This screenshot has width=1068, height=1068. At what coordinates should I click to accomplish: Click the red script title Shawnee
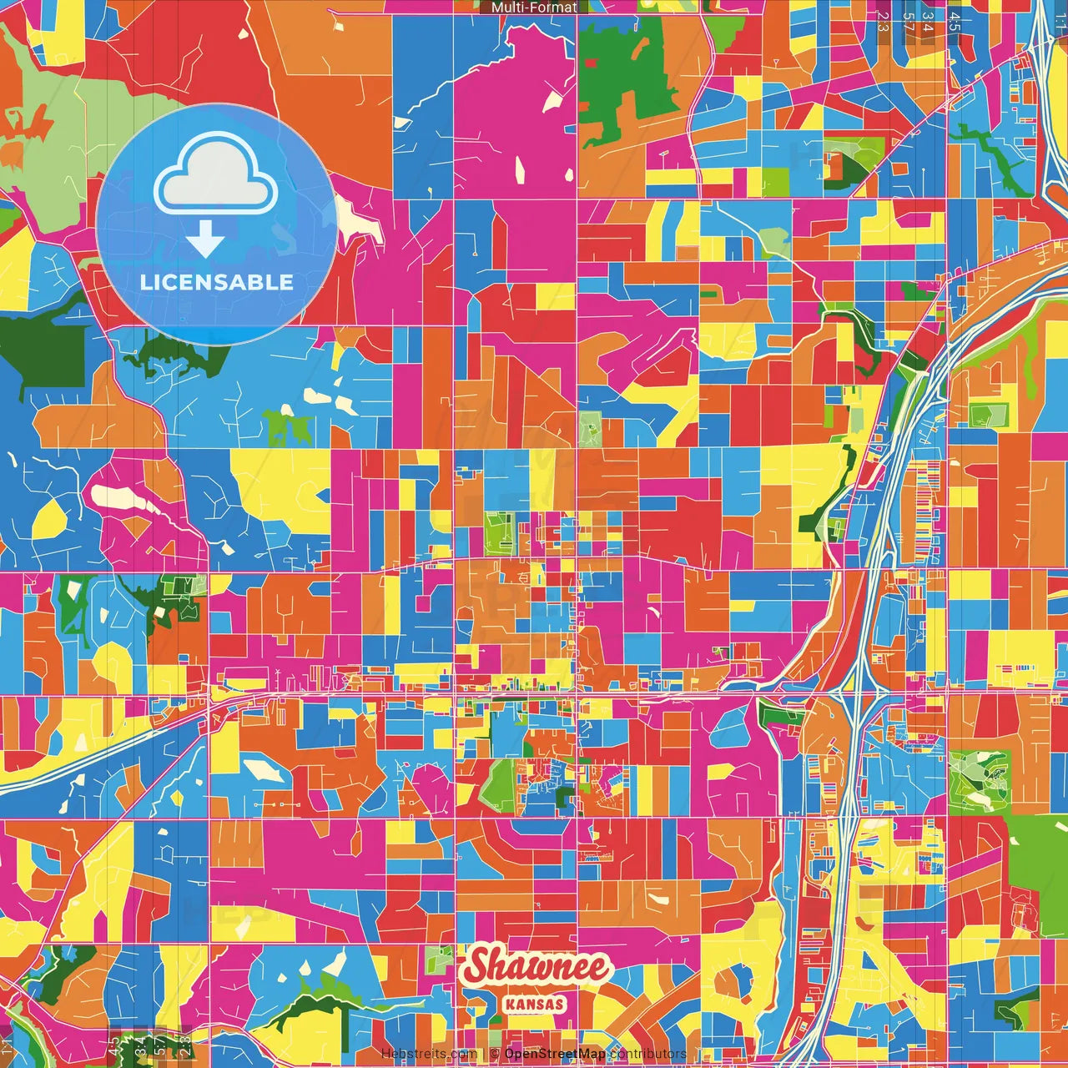click(x=537, y=967)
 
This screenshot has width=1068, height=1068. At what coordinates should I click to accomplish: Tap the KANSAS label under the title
click(x=534, y=1004)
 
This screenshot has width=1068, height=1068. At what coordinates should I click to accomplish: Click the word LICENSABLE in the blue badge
click(x=217, y=282)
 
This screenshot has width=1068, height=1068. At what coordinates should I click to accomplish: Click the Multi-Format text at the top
click(x=534, y=8)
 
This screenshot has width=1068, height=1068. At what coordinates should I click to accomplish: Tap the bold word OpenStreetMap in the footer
click(x=555, y=1054)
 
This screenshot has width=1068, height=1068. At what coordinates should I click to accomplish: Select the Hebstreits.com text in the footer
click(x=429, y=1054)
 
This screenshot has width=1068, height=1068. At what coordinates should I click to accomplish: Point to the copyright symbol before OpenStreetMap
click(x=495, y=1054)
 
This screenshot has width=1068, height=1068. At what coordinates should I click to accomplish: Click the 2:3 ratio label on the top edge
click(x=883, y=21)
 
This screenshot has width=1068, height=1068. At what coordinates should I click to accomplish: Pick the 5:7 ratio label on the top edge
click(x=908, y=21)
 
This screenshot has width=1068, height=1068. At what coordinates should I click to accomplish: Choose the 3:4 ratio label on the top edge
click(x=929, y=21)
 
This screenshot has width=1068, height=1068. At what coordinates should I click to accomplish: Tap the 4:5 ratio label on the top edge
click(x=955, y=21)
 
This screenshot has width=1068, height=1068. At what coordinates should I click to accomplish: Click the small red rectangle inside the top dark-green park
click(x=591, y=63)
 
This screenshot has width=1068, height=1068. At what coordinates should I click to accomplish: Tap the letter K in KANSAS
click(x=510, y=1004)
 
